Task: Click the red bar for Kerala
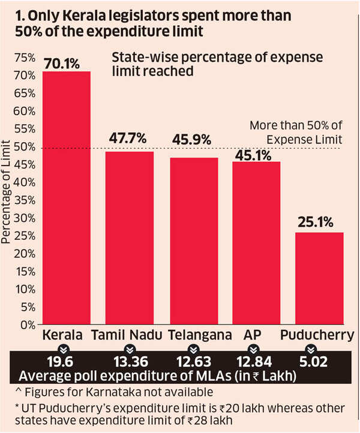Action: click(x=65, y=198)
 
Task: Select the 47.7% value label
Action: click(x=128, y=139)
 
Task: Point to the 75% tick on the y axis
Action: click(x=24, y=58)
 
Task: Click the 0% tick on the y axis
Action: click(x=26, y=325)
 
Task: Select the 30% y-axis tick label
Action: click(x=24, y=218)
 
